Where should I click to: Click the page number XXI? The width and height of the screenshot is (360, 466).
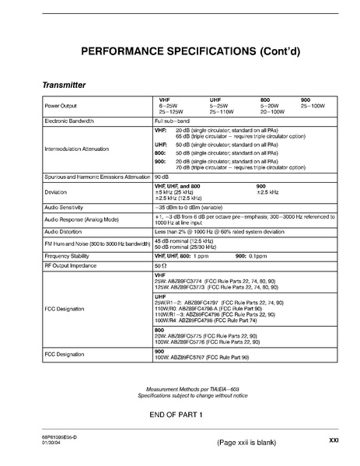(334, 440)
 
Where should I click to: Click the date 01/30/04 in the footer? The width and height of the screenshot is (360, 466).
(53, 443)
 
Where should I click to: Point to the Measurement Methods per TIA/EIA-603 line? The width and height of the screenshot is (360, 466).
(181, 387)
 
